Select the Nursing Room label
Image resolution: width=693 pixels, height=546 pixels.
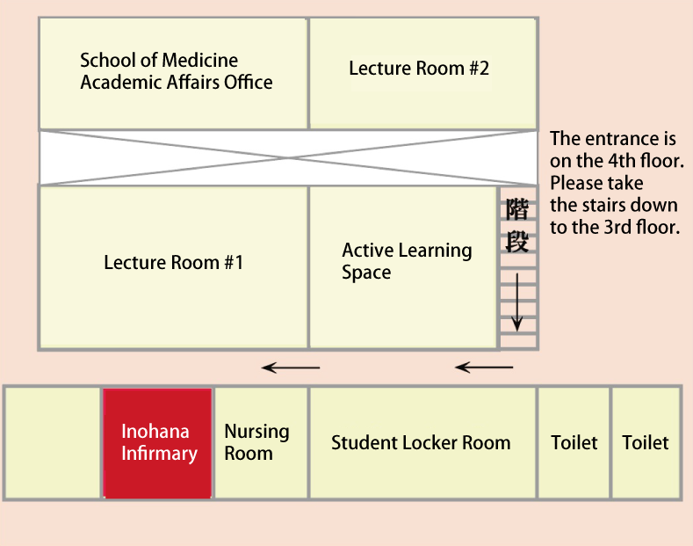point(256,442)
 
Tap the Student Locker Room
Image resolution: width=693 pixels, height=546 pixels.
point(421,443)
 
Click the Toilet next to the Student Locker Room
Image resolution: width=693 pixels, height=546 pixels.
point(574,443)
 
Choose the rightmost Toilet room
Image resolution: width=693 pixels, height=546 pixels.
point(646,443)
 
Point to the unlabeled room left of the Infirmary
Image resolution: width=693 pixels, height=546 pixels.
point(54,442)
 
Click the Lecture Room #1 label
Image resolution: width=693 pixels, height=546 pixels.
point(173,262)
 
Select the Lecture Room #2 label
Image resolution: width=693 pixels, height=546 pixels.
point(419,68)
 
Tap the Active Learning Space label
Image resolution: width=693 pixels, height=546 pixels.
point(406,261)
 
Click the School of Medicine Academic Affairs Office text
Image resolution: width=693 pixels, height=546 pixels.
point(176,71)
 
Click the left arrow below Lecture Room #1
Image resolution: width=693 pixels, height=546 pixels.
point(292,368)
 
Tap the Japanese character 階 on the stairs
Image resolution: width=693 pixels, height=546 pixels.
point(517,209)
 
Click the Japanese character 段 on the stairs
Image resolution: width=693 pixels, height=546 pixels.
point(517,240)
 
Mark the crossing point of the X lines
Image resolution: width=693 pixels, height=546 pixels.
point(287,157)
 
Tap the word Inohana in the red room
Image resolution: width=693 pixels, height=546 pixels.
point(155,432)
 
